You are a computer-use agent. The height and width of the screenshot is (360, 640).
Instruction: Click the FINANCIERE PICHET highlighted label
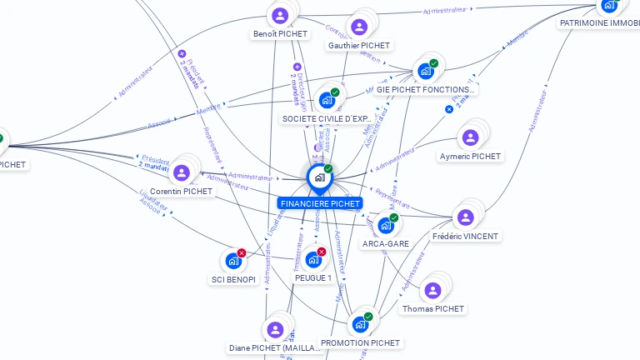click(320, 203)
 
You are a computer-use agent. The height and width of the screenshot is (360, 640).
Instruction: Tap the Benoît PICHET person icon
click(280, 16)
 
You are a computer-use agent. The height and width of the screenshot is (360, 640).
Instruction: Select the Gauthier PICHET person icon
click(359, 27)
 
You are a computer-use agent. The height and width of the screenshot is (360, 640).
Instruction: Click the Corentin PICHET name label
click(182, 191)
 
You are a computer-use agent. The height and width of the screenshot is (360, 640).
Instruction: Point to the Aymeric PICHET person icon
click(470, 138)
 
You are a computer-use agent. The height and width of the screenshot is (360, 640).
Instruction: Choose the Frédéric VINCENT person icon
click(465, 217)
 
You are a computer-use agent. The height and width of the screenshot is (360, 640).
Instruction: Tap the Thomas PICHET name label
click(432, 308)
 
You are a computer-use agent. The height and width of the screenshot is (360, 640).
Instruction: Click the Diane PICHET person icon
click(275, 330)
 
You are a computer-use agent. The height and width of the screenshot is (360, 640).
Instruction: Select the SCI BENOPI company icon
click(233, 262)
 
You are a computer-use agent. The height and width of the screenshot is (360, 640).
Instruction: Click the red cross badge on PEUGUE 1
click(322, 252)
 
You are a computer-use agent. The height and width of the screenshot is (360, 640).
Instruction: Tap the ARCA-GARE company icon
click(385, 225)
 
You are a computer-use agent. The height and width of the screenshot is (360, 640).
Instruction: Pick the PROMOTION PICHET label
click(360, 342)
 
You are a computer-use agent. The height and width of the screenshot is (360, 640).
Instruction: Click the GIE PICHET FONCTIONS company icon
click(426, 71)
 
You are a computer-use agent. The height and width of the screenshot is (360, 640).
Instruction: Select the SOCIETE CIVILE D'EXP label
click(327, 118)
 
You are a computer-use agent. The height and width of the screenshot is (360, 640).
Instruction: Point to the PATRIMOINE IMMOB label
click(599, 23)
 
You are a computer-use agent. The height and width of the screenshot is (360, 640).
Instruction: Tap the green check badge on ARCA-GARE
click(394, 217)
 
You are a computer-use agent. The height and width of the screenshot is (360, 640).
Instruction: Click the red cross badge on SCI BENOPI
click(242, 252)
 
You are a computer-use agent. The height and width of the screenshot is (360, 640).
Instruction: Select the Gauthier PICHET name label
click(359, 45)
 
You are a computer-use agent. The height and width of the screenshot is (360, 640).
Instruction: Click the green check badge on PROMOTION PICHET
click(368, 317)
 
